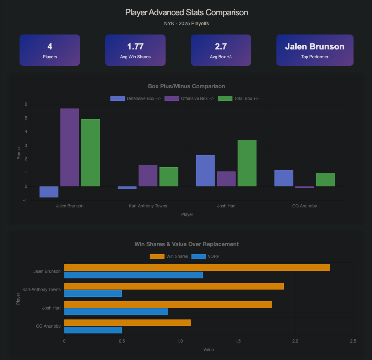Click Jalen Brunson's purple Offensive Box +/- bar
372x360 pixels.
click(70, 147)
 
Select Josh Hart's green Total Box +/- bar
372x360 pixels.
click(247, 163)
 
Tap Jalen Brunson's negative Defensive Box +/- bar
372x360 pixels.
click(49, 192)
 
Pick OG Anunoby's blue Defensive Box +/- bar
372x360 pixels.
click(284, 178)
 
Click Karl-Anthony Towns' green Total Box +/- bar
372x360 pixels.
click(169, 177)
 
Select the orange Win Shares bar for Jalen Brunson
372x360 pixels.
click(197, 268)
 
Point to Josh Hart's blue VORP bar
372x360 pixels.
click(116, 312)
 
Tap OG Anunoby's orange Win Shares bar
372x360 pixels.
click(128, 323)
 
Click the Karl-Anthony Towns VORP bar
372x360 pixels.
click(93, 293)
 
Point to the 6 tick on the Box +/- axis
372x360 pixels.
click(26, 104)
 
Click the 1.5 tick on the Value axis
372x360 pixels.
click(238, 341)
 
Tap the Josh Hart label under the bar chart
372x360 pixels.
click(226, 206)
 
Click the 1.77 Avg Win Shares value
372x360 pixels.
click(135, 47)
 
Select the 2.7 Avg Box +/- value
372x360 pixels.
click(221, 47)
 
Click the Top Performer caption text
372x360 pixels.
click(315, 57)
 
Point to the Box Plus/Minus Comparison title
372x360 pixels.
click(186, 86)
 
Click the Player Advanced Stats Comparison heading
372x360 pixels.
click(187, 12)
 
